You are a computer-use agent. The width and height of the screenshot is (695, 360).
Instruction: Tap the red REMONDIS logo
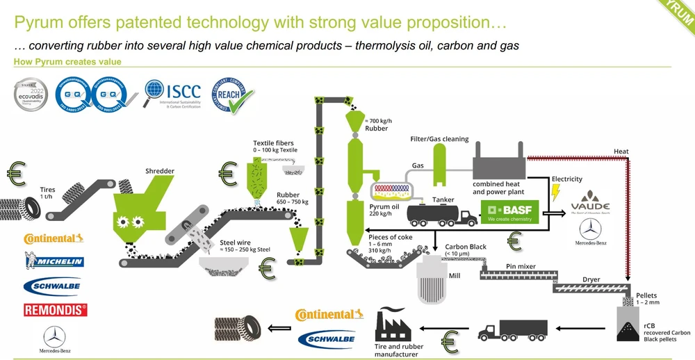click(55, 310)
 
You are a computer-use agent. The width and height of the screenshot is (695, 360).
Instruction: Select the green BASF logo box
click(509, 211)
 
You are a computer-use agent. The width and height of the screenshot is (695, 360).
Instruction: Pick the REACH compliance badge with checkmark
click(233, 95)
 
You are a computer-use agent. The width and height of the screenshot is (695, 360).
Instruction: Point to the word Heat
click(621, 152)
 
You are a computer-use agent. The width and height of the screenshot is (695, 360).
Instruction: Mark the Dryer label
click(591, 279)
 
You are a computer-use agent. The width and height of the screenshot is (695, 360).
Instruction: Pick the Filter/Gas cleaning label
click(440, 139)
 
